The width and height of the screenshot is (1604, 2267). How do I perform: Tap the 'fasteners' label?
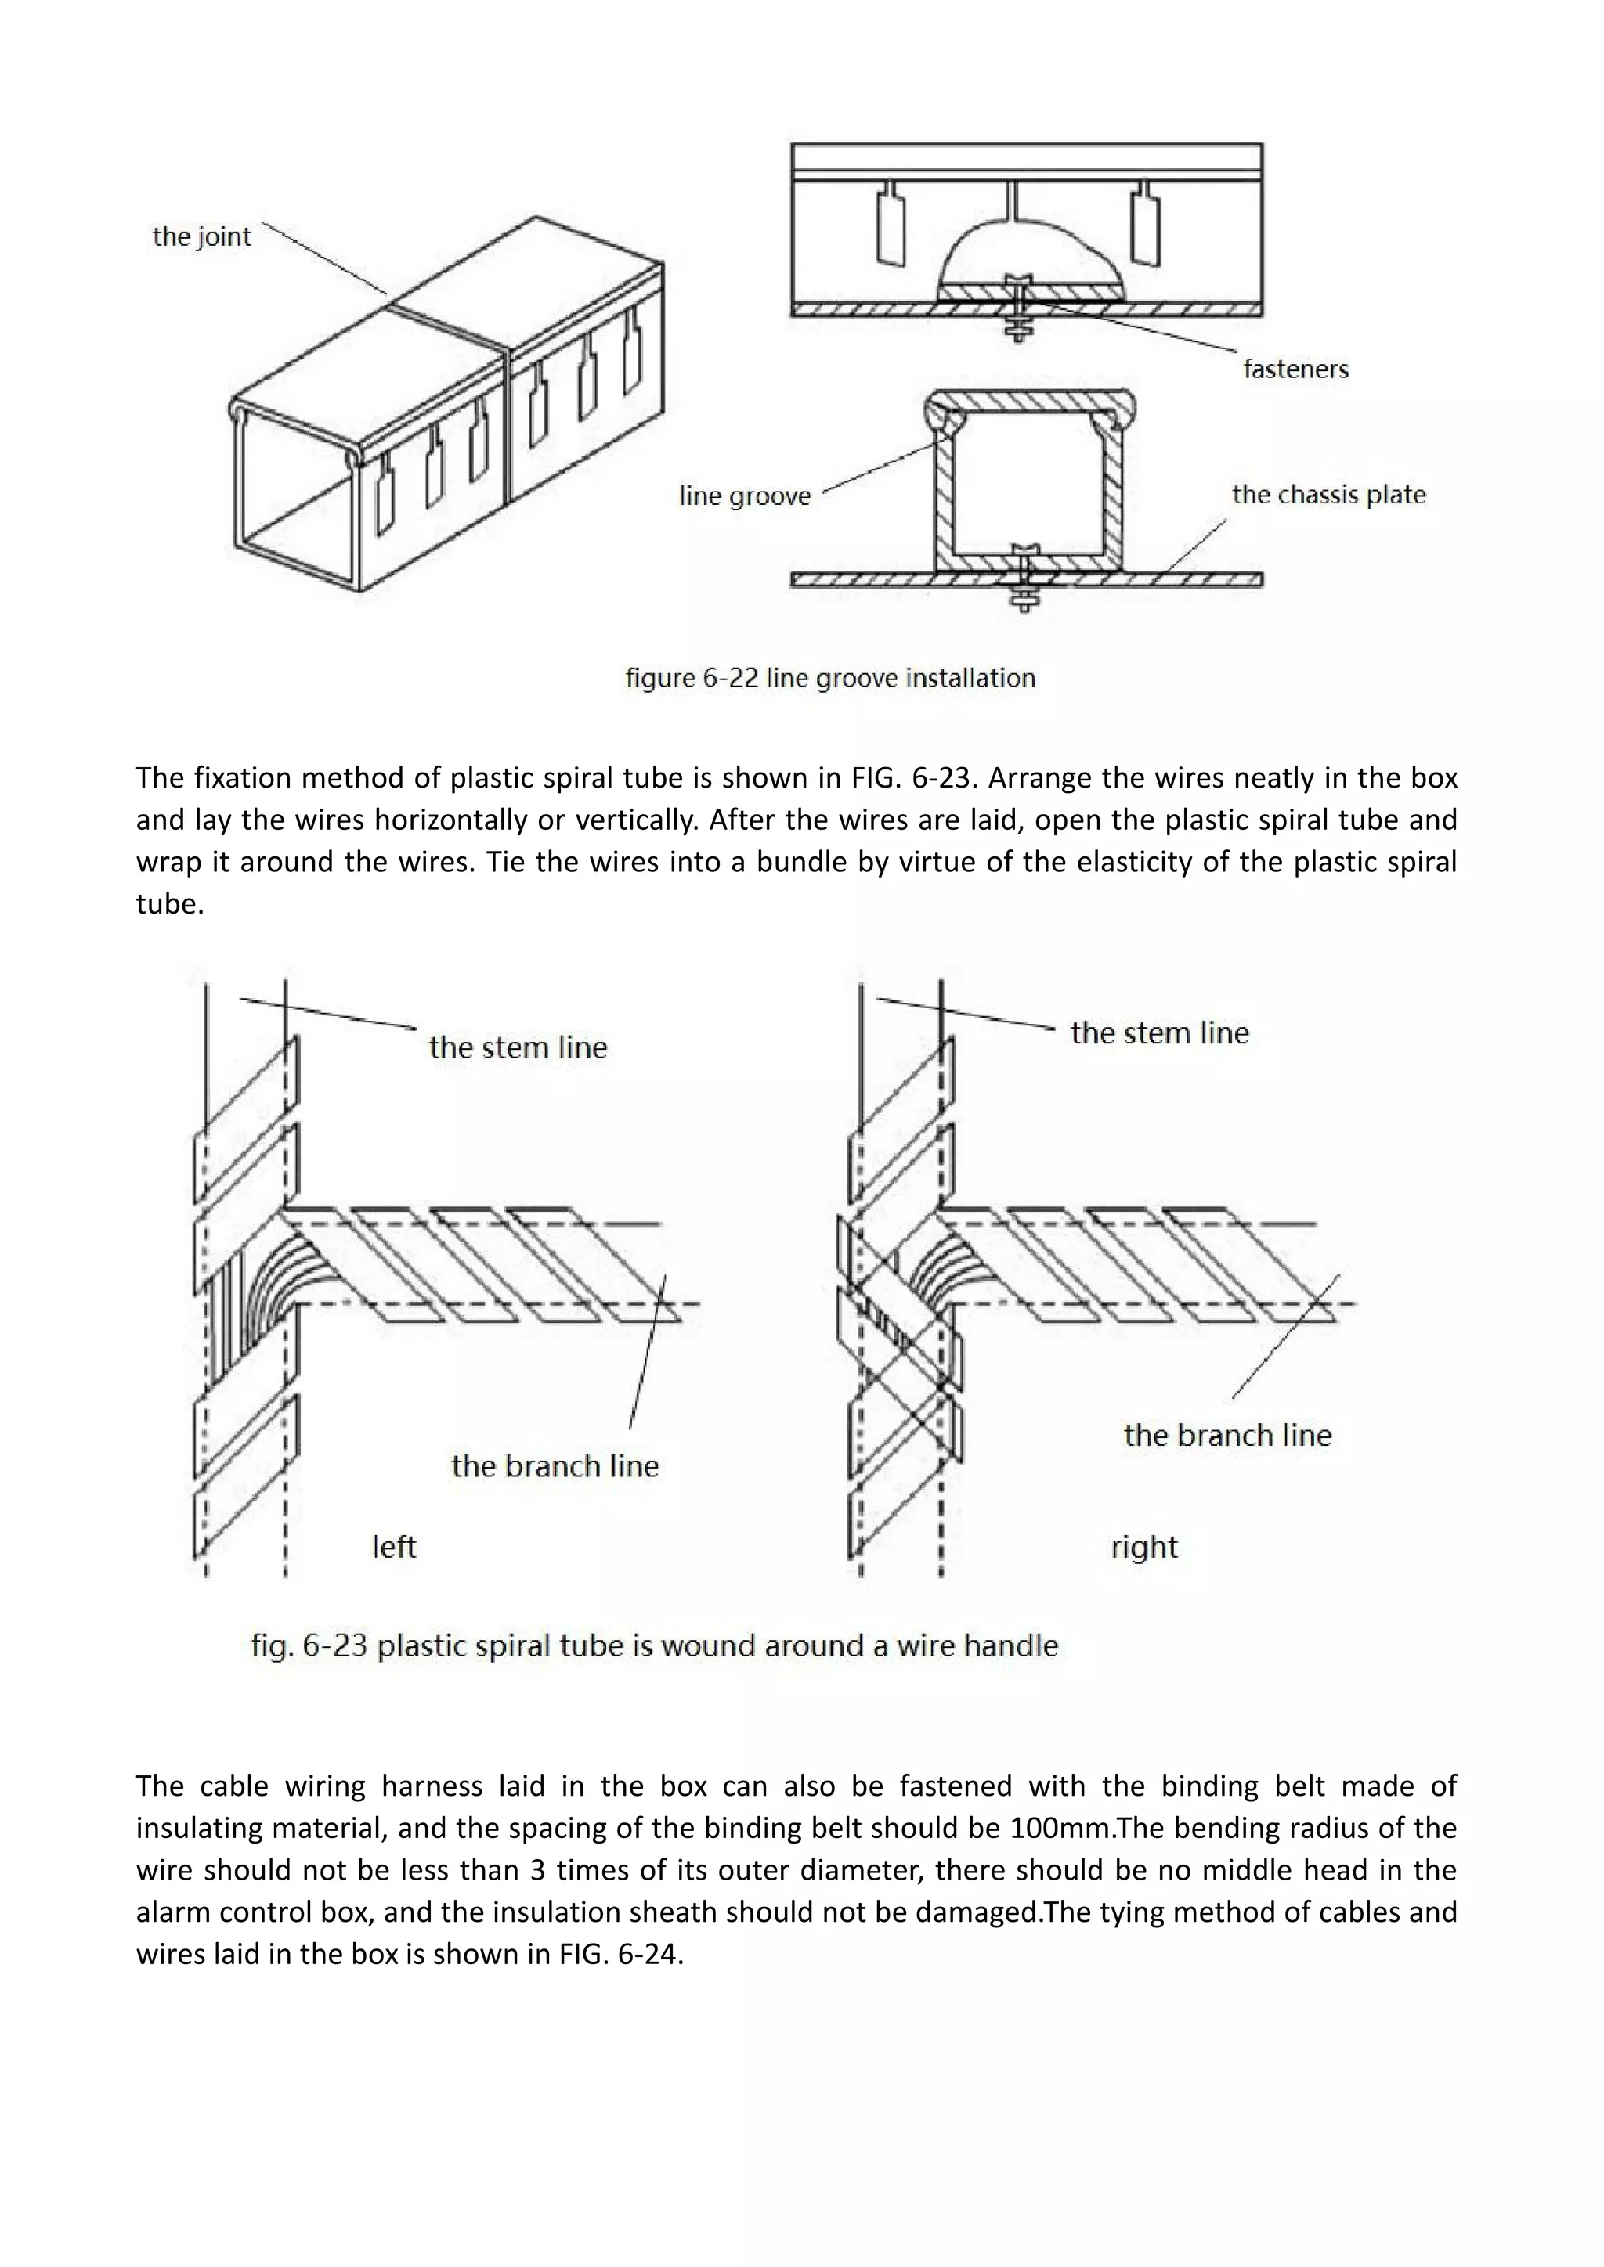pos(1295,369)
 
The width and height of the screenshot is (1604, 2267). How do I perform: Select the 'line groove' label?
pos(745,496)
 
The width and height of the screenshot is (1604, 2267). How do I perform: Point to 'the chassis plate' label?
pos(1328,495)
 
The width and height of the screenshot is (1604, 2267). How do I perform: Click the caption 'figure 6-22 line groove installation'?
pos(829,679)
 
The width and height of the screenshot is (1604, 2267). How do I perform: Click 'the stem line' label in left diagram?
pos(518,1047)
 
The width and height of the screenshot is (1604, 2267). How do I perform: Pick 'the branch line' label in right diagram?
pos(1226,1435)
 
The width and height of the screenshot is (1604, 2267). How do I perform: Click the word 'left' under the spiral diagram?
pos(394,1546)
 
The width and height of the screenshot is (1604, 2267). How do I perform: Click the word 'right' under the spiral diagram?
pos(1143,1546)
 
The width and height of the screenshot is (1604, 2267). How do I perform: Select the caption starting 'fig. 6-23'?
pos(654,1646)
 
